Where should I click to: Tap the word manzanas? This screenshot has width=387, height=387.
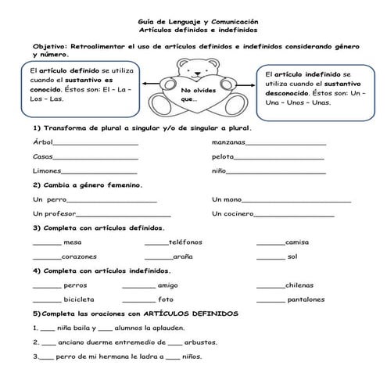point(228,142)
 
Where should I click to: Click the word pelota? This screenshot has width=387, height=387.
point(223,156)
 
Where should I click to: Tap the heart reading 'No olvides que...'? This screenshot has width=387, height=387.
point(193,95)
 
